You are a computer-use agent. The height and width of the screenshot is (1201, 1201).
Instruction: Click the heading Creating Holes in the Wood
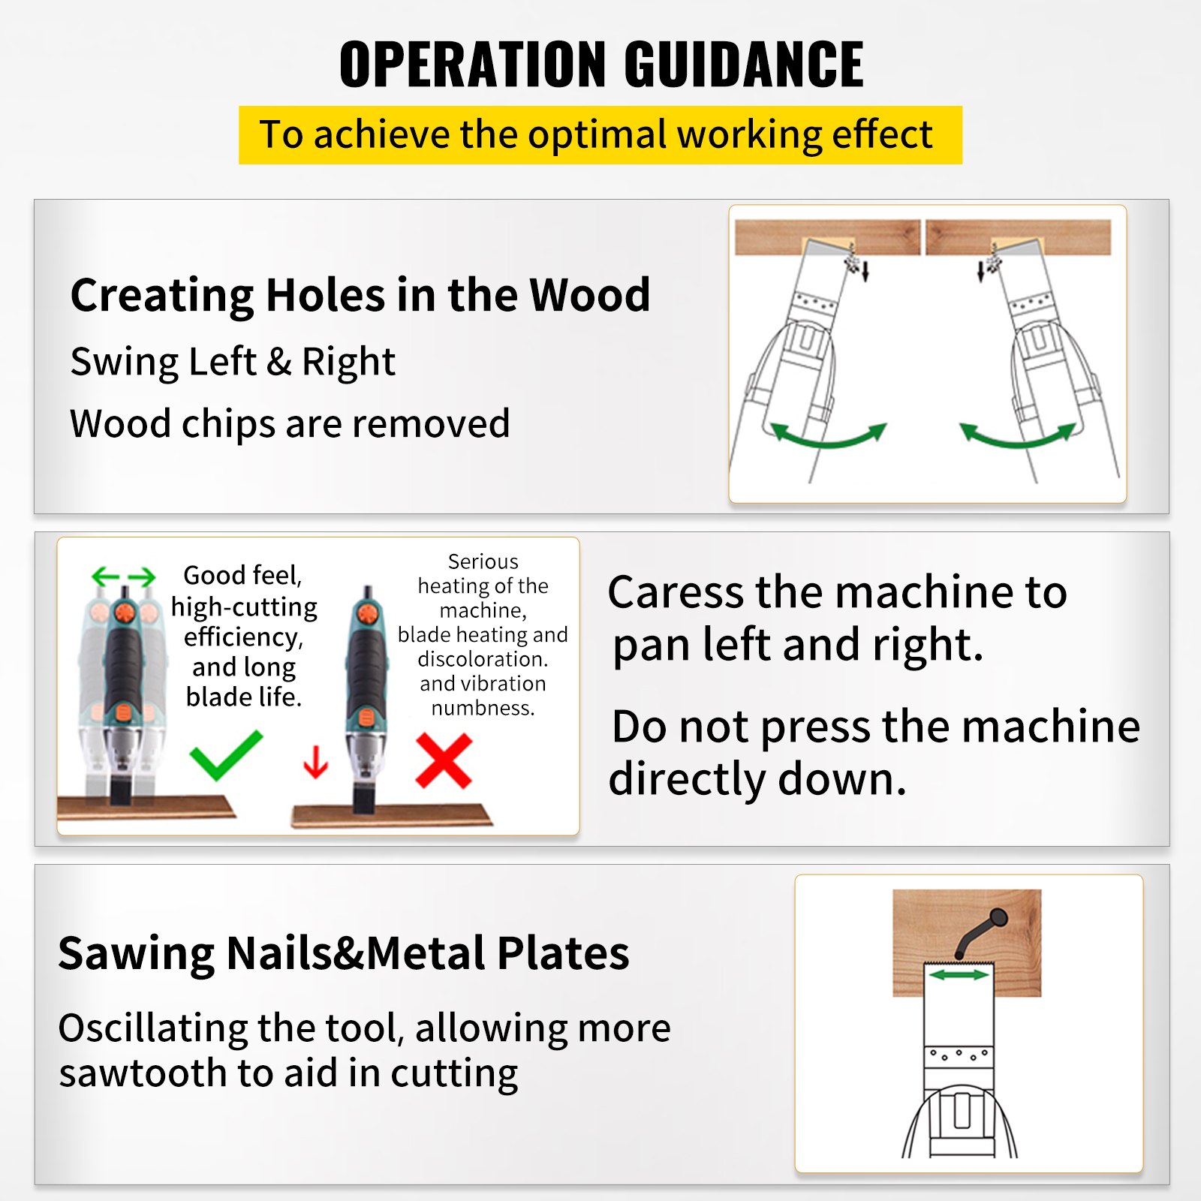(360, 295)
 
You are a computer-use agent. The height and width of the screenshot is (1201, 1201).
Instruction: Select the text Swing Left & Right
(233, 362)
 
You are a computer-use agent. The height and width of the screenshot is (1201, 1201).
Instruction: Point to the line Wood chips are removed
(290, 424)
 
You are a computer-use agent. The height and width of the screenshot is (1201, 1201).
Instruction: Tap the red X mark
(444, 760)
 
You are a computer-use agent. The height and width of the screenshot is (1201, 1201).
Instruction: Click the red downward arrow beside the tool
(316, 761)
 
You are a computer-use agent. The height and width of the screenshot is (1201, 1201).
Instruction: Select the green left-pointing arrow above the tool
(105, 576)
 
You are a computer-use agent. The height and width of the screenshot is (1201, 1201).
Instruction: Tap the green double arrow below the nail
(959, 974)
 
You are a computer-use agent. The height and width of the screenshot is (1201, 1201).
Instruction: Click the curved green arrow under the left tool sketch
(829, 436)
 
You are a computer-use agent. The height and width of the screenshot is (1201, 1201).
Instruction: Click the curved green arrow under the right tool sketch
(1018, 436)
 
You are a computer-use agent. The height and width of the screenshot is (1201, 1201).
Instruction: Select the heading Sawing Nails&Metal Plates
(344, 954)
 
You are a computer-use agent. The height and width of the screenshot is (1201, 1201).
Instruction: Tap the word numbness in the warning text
(482, 708)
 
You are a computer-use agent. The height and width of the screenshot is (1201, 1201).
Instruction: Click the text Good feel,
(242, 576)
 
